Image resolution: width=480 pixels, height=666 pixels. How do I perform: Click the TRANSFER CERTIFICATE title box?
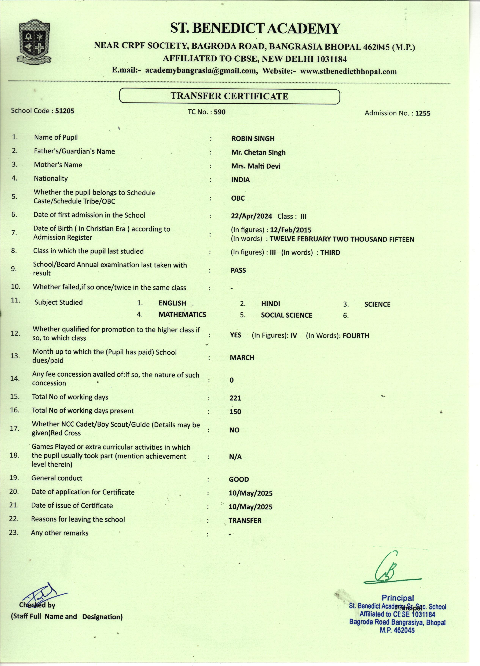[x=229, y=96]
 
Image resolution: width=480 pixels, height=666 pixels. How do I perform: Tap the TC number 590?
[x=220, y=112]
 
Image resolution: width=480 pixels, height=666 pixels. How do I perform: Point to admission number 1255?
[x=423, y=113]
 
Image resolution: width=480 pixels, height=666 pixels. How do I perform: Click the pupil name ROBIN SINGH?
[x=253, y=139]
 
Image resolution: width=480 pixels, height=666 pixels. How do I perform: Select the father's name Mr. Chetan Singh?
[x=258, y=152]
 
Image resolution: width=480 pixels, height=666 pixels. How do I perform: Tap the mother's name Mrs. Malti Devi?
[x=256, y=166]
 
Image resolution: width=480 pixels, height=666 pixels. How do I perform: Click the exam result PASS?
[x=238, y=270]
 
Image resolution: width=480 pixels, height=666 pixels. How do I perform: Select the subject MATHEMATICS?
[x=182, y=314]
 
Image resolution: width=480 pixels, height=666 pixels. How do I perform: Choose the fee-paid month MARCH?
[x=242, y=358]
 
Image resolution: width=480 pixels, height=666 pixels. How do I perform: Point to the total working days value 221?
[x=235, y=398]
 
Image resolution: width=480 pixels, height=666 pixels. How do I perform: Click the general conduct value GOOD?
[x=239, y=479]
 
